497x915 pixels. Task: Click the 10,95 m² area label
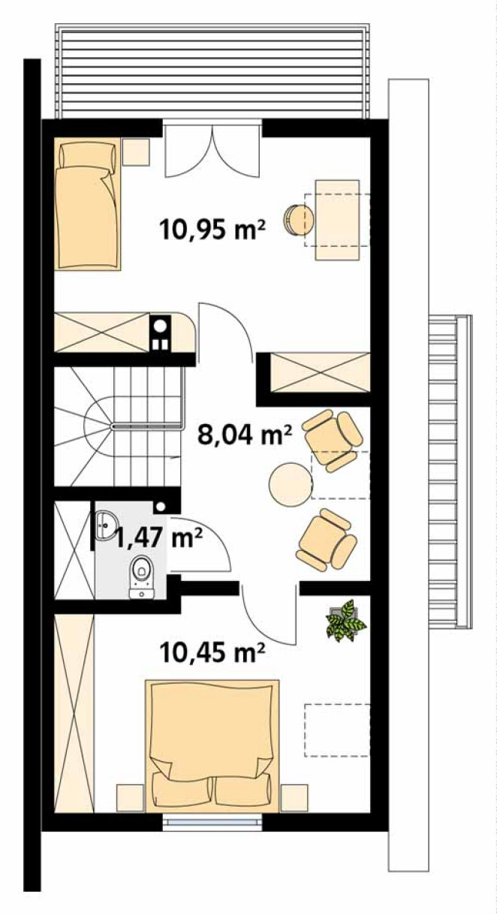[x=212, y=230]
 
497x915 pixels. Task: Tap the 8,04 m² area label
[x=245, y=435]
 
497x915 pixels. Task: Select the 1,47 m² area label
[x=159, y=537]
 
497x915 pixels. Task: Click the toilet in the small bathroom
[x=142, y=576]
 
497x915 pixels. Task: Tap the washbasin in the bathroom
[x=107, y=525]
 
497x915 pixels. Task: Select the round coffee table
[x=291, y=483]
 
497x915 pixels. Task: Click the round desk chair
[x=300, y=220]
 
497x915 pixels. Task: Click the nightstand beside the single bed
[x=136, y=152]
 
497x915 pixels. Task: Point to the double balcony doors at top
[x=212, y=151]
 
